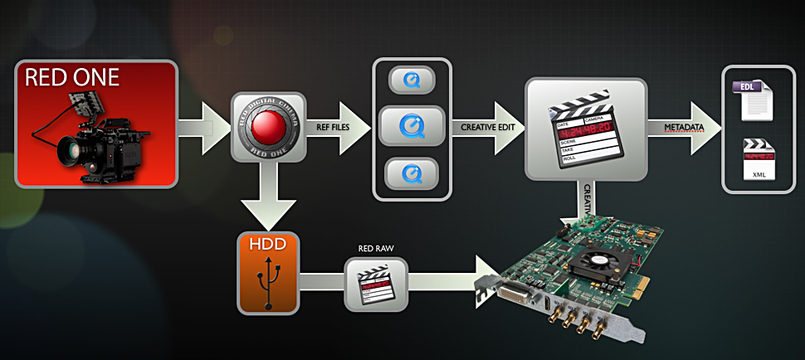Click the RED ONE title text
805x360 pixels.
(x=73, y=79)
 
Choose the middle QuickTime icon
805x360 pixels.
(x=412, y=127)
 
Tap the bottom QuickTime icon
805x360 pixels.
(x=412, y=173)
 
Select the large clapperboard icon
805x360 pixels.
(x=585, y=127)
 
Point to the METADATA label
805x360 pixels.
(x=684, y=127)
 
